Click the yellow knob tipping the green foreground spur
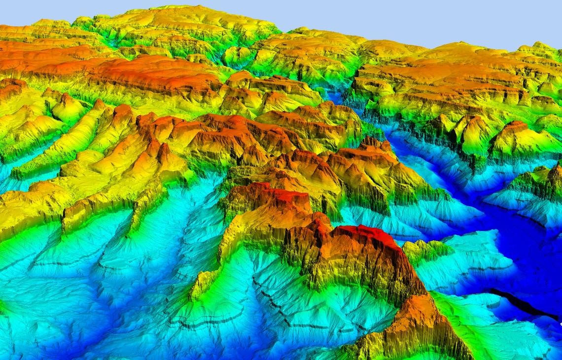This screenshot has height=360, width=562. [197, 288]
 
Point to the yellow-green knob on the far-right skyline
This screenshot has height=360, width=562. [540, 47]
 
